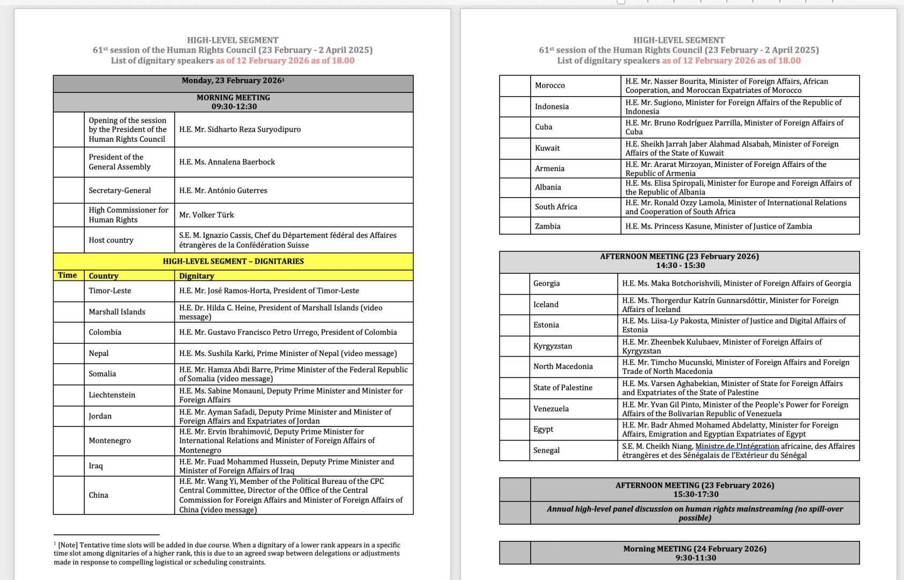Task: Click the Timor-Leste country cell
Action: (x=110, y=291)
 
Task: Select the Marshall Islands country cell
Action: (x=117, y=311)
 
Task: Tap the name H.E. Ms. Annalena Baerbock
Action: (x=227, y=162)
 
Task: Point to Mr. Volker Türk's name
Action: (x=207, y=215)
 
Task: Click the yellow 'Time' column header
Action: (x=68, y=275)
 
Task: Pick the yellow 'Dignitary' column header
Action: (x=197, y=276)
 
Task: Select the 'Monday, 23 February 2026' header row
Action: (x=233, y=81)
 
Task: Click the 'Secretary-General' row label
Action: (x=120, y=190)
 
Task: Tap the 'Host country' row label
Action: (x=111, y=240)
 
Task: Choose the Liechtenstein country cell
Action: (x=112, y=395)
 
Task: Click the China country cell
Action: (x=99, y=495)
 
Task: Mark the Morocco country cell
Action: (x=550, y=85)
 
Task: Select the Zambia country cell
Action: (x=548, y=226)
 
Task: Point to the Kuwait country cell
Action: (x=547, y=148)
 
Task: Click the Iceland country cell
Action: (x=546, y=305)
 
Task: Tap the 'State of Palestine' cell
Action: (x=563, y=388)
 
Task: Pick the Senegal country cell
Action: (x=547, y=450)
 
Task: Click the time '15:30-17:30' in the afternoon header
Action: (x=696, y=494)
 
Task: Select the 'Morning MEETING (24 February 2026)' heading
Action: (x=695, y=549)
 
